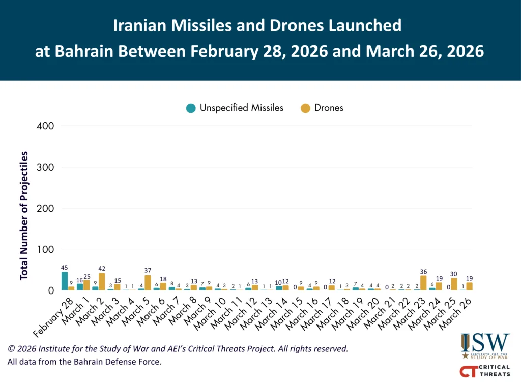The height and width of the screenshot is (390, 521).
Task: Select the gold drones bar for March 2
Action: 102,282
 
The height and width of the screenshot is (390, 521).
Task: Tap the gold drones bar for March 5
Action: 148,283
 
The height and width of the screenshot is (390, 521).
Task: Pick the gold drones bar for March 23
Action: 423,283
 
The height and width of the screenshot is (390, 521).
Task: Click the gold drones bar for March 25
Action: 454,284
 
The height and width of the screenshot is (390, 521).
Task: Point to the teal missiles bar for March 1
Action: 80,287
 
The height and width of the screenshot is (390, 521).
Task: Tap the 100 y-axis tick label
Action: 46,249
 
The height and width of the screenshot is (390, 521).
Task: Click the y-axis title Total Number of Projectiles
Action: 24,215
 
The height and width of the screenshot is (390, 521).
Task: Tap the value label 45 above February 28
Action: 65,267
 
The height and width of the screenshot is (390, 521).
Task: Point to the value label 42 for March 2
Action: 102,269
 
